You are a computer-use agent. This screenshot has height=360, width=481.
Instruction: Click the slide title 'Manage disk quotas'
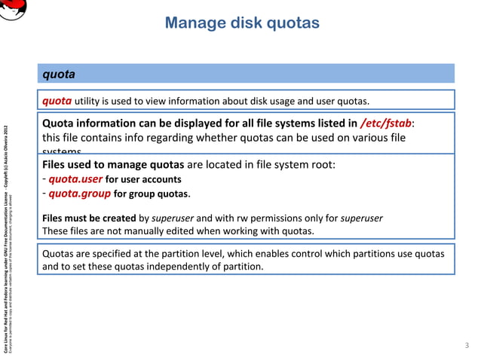point(242,23)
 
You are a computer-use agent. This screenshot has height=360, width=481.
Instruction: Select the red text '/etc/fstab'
point(386,124)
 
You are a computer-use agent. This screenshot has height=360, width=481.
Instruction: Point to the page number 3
point(466,345)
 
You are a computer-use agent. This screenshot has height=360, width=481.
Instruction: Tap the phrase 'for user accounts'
point(142,180)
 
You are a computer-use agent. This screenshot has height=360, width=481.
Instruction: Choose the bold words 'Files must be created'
point(90,218)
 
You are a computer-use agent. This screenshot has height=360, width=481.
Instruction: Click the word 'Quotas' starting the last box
point(60,253)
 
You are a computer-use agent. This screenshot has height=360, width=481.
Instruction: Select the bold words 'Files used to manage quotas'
point(112,165)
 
